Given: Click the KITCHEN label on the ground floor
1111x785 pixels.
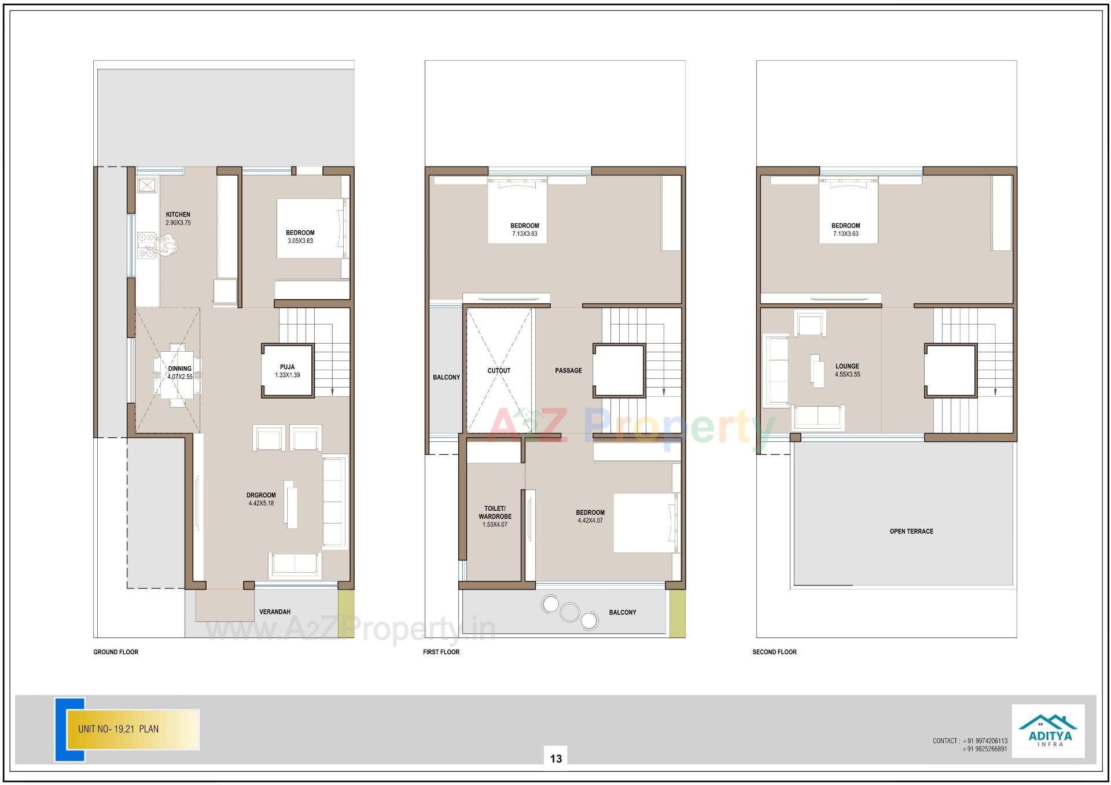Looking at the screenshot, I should click(178, 215).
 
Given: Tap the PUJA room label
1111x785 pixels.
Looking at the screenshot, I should click(287, 367).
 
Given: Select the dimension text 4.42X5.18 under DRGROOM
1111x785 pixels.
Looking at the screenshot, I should click(261, 503).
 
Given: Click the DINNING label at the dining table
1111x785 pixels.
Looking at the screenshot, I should click(179, 368).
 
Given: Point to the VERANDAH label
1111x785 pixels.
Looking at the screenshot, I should click(275, 611).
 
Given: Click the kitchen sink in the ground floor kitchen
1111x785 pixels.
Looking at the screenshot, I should click(147, 185).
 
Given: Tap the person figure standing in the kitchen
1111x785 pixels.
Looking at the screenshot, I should click(168, 245).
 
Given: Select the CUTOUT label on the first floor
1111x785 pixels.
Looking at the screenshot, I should click(499, 371).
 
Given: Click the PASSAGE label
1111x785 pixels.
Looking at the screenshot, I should click(568, 371).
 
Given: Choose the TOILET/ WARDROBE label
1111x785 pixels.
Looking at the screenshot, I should click(495, 513).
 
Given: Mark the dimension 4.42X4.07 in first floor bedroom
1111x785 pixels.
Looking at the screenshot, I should click(590, 521).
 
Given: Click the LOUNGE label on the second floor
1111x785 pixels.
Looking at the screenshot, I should click(847, 366).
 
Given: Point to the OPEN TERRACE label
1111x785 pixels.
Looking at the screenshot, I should click(911, 531).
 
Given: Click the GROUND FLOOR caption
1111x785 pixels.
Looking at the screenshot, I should click(116, 652).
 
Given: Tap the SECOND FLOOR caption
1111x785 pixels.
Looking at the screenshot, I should click(774, 652).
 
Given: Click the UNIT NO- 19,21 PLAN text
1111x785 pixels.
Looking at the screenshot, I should click(118, 729).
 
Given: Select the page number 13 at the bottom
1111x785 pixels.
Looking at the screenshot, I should click(555, 758).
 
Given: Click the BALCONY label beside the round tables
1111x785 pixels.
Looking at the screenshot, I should click(622, 612).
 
